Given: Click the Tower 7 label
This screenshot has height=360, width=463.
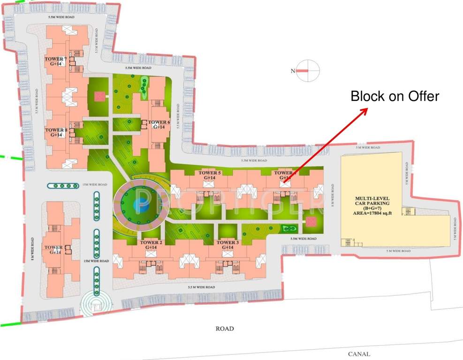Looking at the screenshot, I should [56, 61].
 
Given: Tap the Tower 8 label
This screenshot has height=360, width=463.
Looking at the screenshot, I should [56, 132].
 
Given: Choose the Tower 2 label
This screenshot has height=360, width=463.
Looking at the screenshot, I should [151, 245].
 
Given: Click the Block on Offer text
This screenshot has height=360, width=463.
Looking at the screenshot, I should [395, 97].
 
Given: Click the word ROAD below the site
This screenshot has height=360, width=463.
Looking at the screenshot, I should [225, 329].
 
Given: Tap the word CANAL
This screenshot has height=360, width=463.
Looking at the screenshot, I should [359, 354].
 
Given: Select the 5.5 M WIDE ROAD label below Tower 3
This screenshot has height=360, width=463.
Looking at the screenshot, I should [201, 287].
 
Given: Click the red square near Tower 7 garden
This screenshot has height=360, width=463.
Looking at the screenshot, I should [99, 97].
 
